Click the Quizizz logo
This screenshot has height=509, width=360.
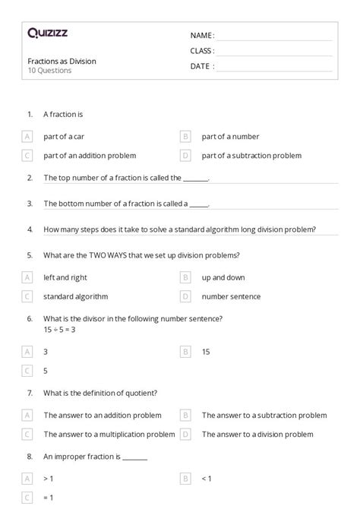tap(47, 33)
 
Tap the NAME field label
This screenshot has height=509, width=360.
tap(202, 36)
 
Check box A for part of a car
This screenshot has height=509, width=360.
tap(27, 137)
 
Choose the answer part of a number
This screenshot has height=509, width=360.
tap(230, 137)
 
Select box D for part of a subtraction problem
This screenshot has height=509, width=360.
tap(185, 156)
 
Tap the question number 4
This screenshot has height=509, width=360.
tap(30, 229)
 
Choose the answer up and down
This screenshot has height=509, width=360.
tap(223, 277)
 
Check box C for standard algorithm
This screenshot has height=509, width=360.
tap(27, 296)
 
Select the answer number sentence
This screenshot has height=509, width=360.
tap(231, 296)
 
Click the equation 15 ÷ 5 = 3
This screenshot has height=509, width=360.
tap(60, 330)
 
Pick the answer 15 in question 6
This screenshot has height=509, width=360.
tap(206, 352)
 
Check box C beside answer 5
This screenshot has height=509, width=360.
tap(27, 371)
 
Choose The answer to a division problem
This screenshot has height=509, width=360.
tap(257, 435)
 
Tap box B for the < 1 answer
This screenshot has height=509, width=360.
tap(185, 479)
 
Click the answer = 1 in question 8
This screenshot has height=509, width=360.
tap(49, 497)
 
